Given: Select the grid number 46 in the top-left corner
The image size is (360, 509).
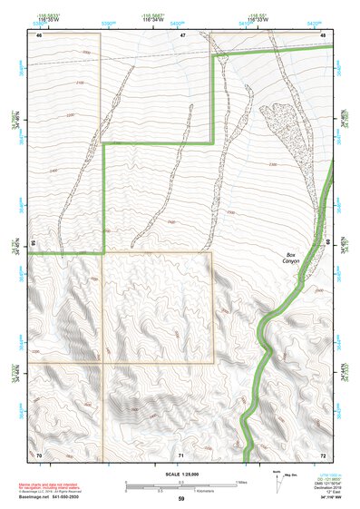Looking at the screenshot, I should point(39,35).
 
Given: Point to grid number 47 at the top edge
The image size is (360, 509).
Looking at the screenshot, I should point(181,35).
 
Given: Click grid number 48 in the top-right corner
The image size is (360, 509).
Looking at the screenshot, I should point(324,35).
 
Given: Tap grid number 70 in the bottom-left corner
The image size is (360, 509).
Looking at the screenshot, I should point(39,453).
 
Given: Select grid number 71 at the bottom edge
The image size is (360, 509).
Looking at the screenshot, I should point(181,453).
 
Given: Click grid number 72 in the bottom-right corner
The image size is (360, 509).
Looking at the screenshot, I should point(324,453).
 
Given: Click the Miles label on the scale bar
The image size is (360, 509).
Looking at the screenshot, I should point(239,483).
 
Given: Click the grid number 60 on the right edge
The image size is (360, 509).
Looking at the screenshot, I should point(327,243).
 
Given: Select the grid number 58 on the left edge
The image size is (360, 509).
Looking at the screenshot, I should point(33,243).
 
